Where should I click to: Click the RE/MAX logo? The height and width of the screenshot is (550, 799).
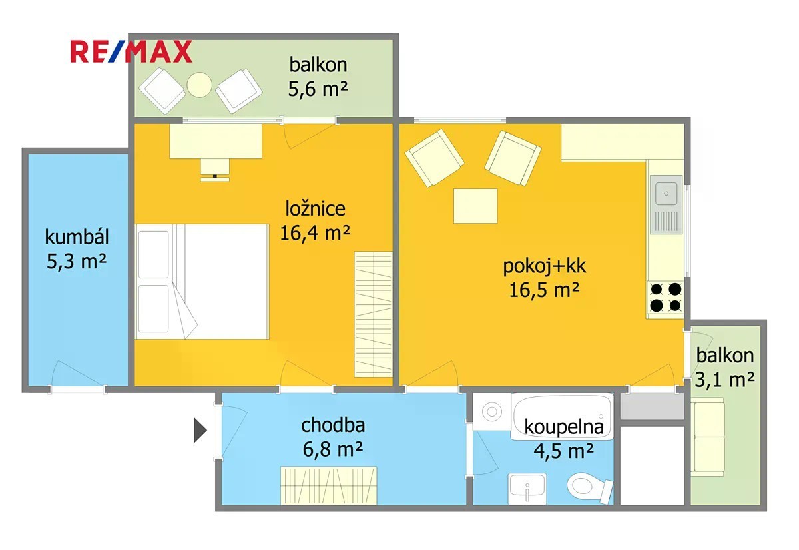click(131, 52)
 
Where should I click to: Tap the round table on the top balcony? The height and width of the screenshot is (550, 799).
click(199, 85)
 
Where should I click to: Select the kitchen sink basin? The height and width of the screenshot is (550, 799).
click(666, 194)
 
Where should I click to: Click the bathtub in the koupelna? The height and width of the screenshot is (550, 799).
click(562, 417)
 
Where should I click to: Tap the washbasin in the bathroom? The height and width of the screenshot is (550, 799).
click(527, 489)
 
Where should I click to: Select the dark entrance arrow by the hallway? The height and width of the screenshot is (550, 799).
click(200, 431)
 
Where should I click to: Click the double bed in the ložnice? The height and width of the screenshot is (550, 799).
click(202, 282)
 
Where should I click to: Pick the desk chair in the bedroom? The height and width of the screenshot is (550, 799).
click(214, 170)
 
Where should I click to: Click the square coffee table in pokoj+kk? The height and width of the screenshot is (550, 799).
click(475, 206)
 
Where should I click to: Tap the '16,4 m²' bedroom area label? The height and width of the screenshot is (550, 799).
click(315, 233)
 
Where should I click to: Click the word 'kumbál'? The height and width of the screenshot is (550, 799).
click(77, 237)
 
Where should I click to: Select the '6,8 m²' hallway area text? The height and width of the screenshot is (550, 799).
click(333, 449)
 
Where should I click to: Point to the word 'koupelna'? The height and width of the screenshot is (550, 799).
click(564, 427)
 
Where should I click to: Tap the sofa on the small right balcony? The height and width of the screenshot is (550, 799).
click(708, 437)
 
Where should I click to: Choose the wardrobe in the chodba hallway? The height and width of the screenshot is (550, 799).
click(328, 485)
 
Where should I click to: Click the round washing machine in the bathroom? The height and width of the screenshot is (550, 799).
click(492, 412)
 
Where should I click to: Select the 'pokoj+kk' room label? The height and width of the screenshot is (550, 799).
click(545, 266)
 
